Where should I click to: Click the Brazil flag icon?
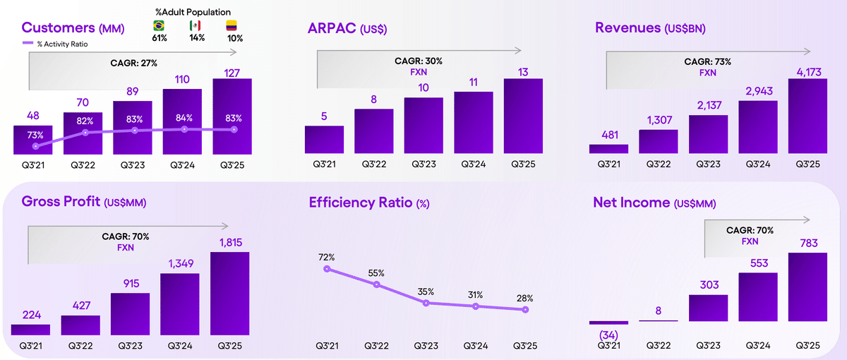160,25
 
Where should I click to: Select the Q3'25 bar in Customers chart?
232,116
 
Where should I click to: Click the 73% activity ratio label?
35,135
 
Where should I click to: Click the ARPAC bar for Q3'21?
324,139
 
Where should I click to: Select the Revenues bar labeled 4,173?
807,116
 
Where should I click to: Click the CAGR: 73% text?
707,62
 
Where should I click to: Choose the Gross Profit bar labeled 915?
130,313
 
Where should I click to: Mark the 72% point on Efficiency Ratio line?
327,268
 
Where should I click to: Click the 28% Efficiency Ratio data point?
524,309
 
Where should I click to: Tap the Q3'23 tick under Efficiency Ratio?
426,346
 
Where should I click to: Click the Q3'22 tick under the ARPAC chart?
374,164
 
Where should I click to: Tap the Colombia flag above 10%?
232,25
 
